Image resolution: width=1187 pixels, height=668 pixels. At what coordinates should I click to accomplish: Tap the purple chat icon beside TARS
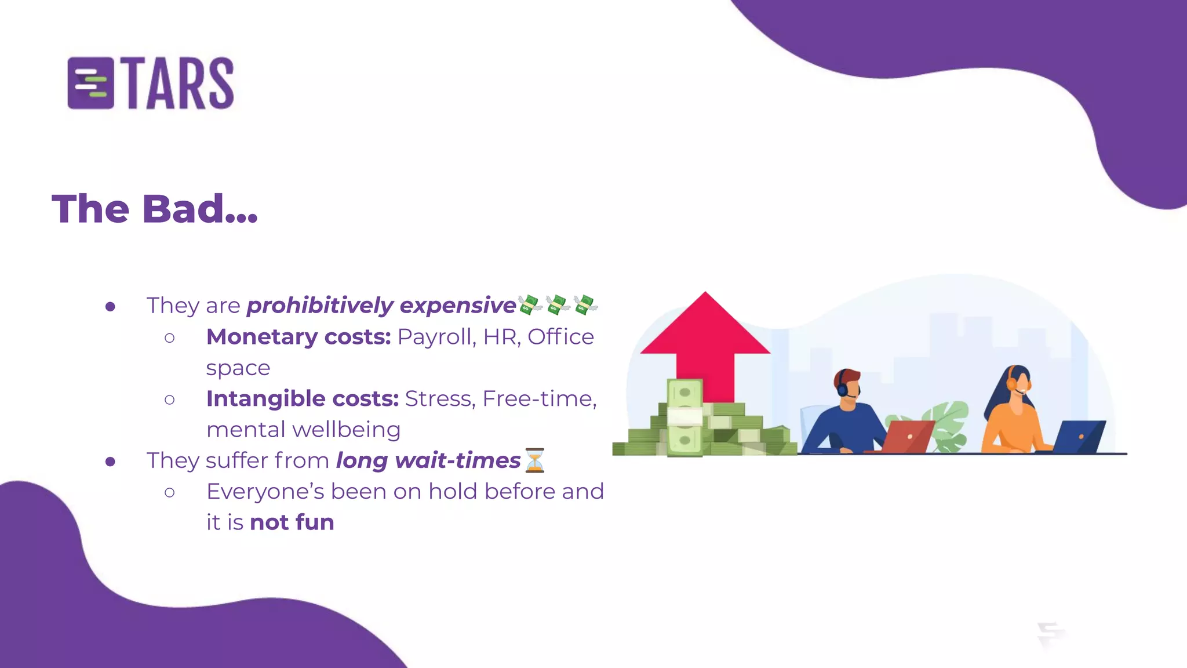click(x=90, y=83)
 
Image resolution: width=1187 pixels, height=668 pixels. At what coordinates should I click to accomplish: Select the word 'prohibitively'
click(x=320, y=306)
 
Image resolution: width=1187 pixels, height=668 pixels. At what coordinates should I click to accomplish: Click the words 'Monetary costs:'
click(x=298, y=337)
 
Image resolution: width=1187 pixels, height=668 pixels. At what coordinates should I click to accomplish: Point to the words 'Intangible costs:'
click(x=302, y=399)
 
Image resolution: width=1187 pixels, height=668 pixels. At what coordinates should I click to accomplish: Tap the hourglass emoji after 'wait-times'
click(x=534, y=460)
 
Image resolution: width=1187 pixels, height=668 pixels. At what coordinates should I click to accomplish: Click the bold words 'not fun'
click(x=292, y=522)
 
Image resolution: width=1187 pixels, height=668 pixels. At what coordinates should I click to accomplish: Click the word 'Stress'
click(x=440, y=399)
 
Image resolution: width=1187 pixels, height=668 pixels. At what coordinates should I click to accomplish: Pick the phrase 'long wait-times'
click(x=428, y=460)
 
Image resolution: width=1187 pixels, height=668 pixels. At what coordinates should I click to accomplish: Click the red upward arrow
click(x=705, y=342)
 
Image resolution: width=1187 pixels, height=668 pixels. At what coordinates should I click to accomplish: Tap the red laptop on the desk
click(x=907, y=436)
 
